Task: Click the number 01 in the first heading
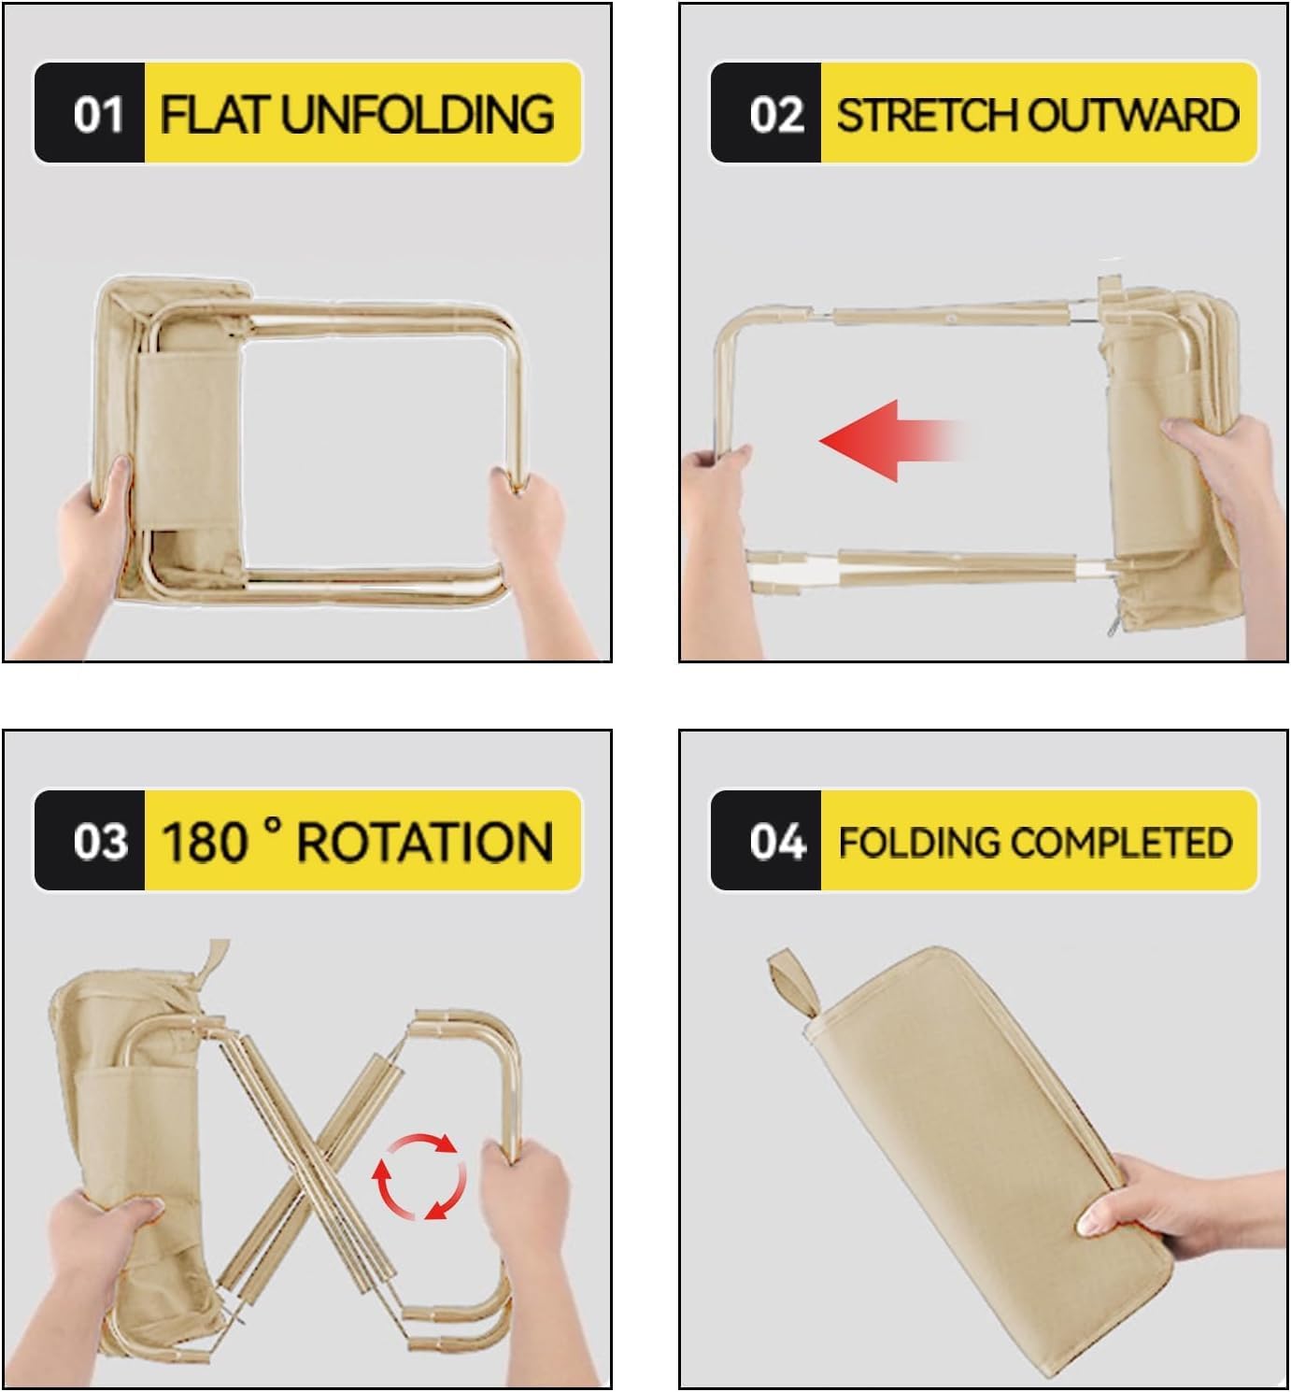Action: (x=98, y=115)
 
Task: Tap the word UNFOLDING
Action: (x=417, y=115)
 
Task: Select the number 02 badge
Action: (x=775, y=115)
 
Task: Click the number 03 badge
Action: (x=99, y=842)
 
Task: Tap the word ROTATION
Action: (x=424, y=842)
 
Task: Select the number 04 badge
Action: (x=775, y=842)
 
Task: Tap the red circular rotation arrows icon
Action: (x=419, y=1176)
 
